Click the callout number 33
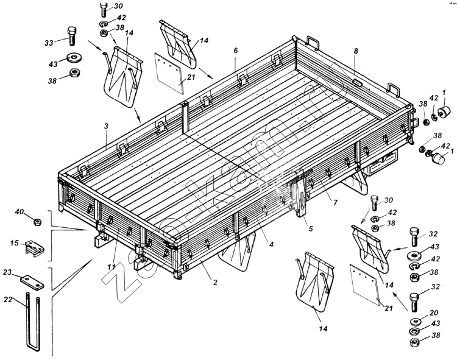pyautogui.click(x=49, y=42)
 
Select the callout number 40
pyautogui.click(x=19, y=212)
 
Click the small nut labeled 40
pyautogui.click(x=37, y=221)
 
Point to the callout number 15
pyautogui.click(x=14, y=244)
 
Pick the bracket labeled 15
pyautogui.click(x=35, y=249)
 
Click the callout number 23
pyautogui.click(x=8, y=273)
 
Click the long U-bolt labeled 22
pyautogui.click(x=34, y=323)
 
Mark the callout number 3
pyautogui.click(x=106, y=126)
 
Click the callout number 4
pyautogui.click(x=271, y=245)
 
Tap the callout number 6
pyautogui.click(x=235, y=50)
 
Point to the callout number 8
pyautogui.click(x=355, y=51)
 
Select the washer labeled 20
pyautogui.click(x=416, y=320)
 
